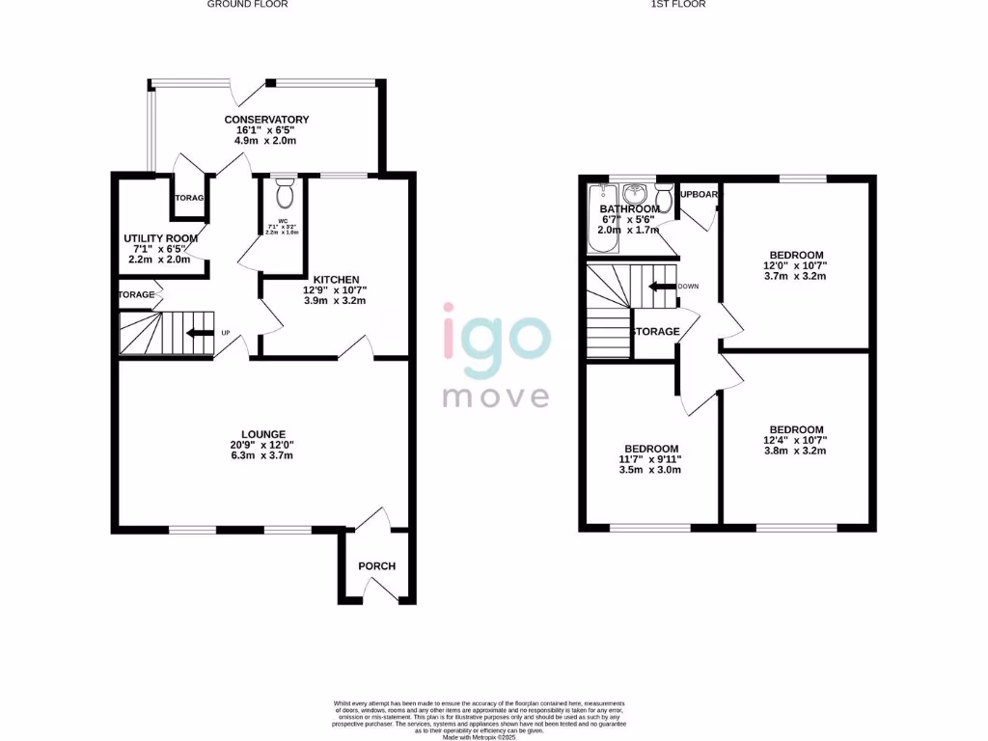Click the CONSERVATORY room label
pos(266,120)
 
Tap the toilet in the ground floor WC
pos(284,196)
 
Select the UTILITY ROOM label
pos(160,238)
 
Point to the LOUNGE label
pos(263,434)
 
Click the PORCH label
pos(376,565)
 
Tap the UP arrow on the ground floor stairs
pos(200,334)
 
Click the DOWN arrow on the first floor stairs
pos(662,287)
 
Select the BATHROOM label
pos(630,209)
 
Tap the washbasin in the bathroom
pos(636,191)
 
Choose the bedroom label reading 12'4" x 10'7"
pos(796,429)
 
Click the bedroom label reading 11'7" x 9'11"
pos(651,449)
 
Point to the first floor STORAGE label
pos(655,332)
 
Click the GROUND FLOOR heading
pos(248,4)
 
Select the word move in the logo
pos(496,396)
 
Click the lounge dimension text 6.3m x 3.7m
pos(263,456)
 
